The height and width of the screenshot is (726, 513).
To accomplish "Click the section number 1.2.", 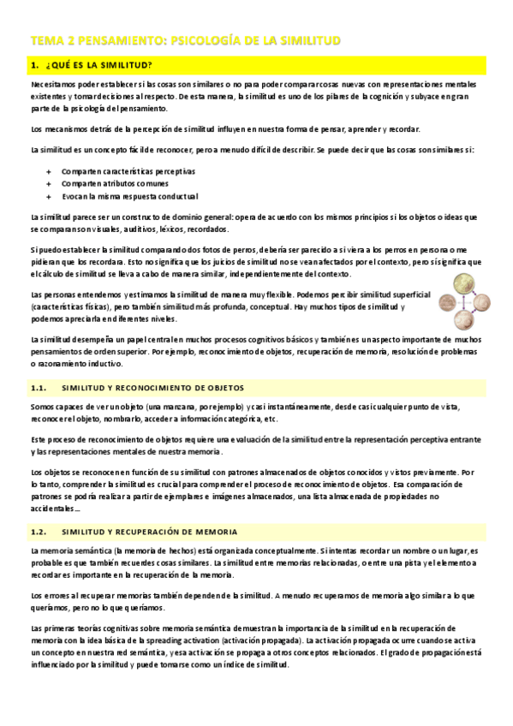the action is pyautogui.click(x=41, y=532).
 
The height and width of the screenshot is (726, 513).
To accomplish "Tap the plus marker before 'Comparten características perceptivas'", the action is pyautogui.click(x=49, y=171).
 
